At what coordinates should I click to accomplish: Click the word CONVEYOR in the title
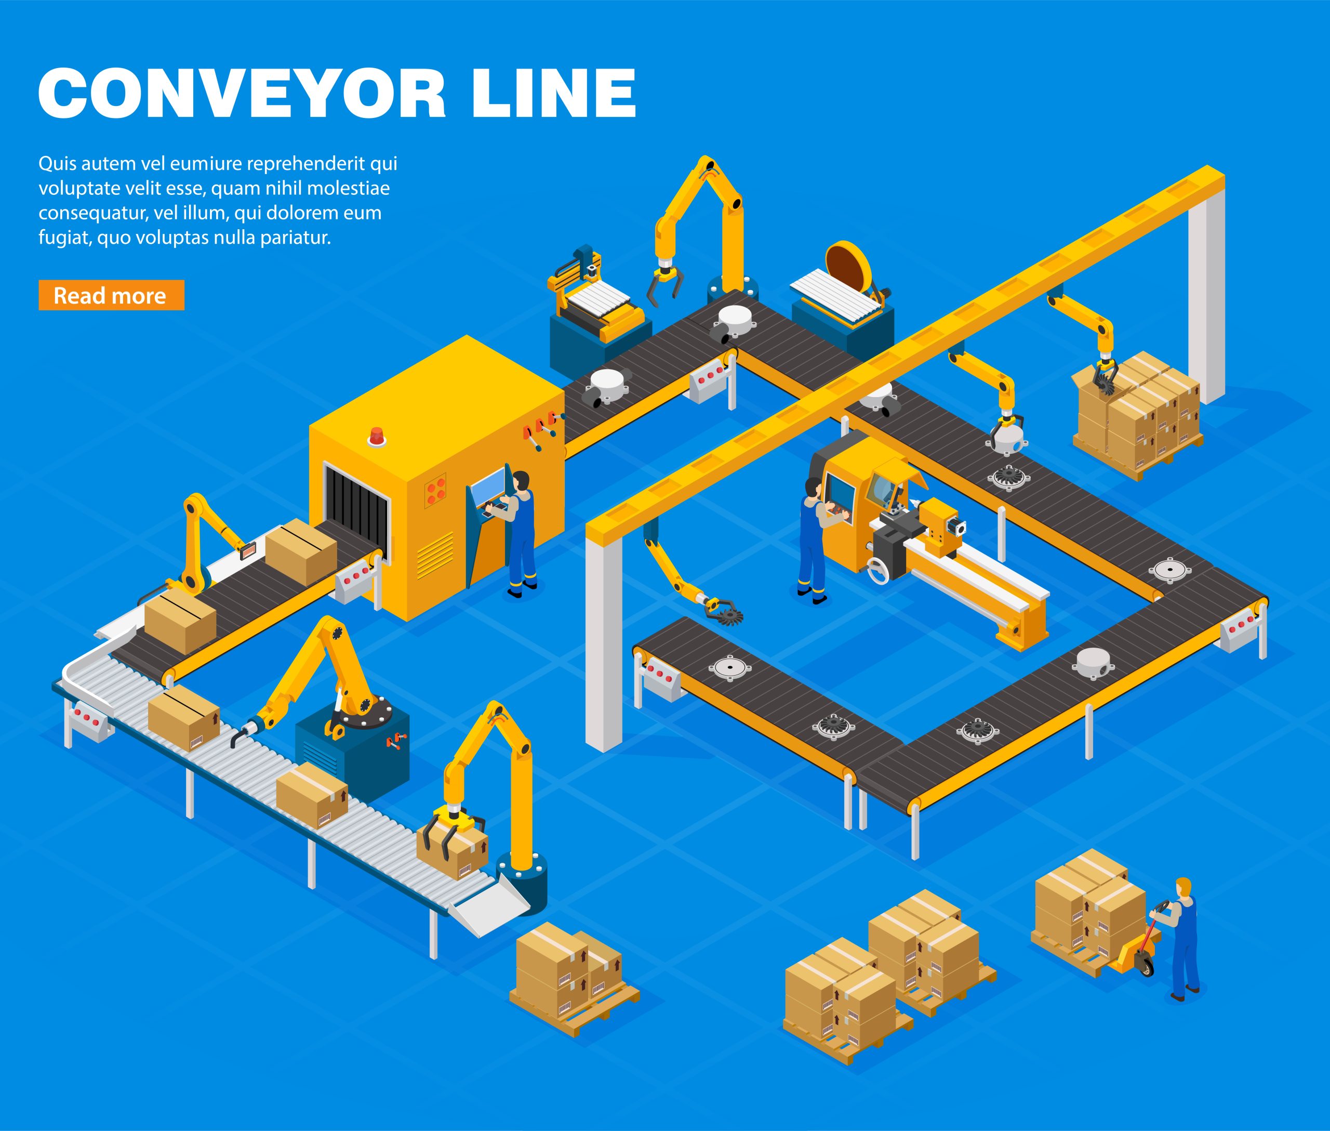[242, 93]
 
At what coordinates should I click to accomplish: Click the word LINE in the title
[554, 93]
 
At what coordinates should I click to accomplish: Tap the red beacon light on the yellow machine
[376, 436]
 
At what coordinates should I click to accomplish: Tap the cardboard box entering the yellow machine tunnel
[301, 552]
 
